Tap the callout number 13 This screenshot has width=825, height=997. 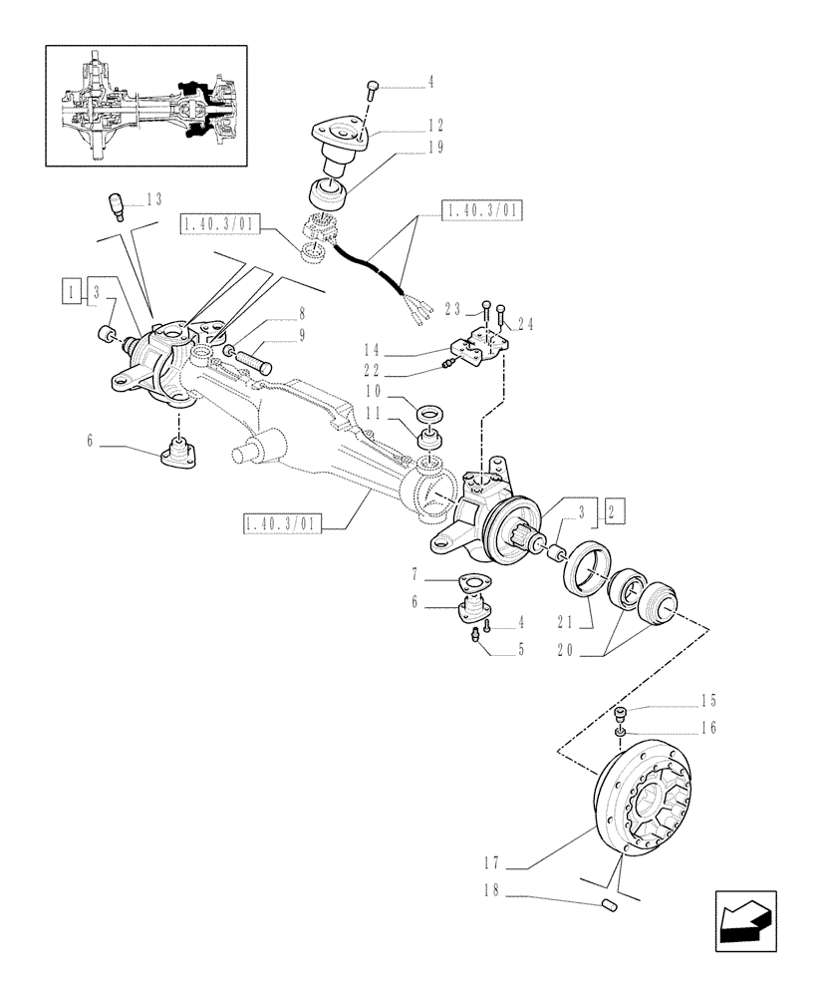tap(153, 199)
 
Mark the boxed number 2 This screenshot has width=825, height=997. tap(615, 512)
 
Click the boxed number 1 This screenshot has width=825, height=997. tap(70, 290)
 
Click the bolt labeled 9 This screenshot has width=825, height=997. tap(251, 359)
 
